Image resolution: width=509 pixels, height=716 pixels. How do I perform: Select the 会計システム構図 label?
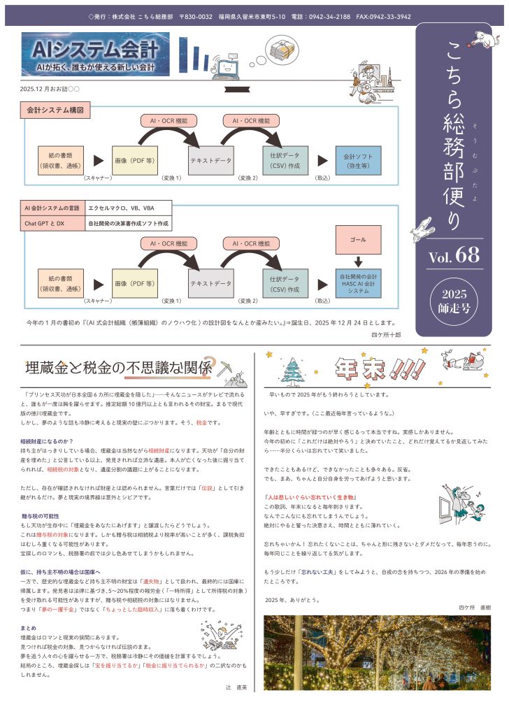pos(55,110)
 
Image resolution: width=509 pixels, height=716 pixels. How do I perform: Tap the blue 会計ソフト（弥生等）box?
pos(359,160)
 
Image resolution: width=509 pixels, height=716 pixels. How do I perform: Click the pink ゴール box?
pos(359,240)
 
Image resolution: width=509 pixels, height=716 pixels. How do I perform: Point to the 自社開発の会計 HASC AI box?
pos(359,280)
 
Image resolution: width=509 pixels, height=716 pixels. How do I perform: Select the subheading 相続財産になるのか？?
pos(48,441)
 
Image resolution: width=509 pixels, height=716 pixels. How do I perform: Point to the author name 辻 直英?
pos(232,688)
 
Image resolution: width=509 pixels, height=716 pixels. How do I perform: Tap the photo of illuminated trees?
pos(377,653)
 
